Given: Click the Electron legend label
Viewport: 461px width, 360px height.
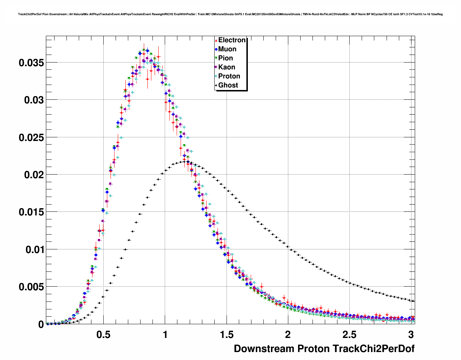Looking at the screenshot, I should pos(232,40).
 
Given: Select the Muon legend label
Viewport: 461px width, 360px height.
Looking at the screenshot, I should pos(227,49).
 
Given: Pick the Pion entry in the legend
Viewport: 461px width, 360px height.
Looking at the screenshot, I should pos(225,58).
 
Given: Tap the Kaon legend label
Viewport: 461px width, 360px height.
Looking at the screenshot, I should pos(227,67).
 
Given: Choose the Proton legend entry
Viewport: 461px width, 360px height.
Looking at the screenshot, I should pos(229,76).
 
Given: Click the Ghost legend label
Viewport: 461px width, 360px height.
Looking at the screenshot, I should pos(228,85).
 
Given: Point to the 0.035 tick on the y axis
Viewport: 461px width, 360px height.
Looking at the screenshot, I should pos(31,63).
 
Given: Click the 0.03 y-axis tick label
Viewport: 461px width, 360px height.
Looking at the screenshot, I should pos(34,100).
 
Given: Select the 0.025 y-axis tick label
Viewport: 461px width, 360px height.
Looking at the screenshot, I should pos(31,138).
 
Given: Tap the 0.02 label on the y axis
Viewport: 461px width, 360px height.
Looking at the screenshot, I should pos(34,175).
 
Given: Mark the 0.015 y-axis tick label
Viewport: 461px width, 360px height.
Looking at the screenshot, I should pos(31,212).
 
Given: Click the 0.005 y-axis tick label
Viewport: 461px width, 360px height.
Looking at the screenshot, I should pos(31,287).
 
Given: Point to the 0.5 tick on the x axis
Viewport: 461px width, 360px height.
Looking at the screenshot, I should pos(103,335).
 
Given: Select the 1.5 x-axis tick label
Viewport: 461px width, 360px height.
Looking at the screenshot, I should pos(227,335).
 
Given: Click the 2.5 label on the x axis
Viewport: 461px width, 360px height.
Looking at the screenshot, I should pos(349,335).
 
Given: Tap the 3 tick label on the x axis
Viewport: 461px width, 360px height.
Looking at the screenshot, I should pos(411,335).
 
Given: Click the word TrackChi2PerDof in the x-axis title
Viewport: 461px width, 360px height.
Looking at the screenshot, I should pos(373,349).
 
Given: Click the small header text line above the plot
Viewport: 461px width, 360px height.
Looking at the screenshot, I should pos(230,14).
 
